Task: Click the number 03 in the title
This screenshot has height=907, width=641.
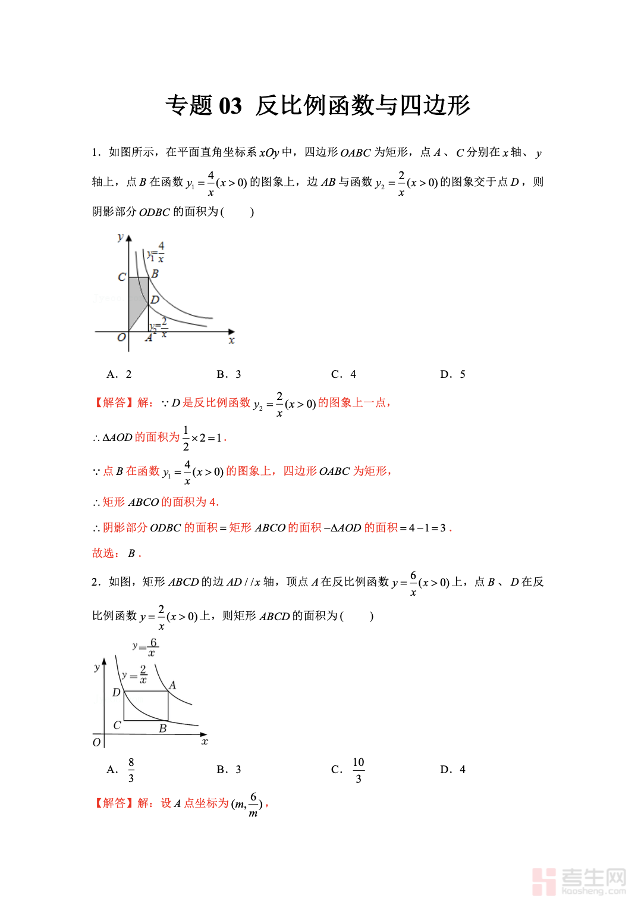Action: pyautogui.click(x=230, y=106)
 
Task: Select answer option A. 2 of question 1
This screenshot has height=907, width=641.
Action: pyautogui.click(x=119, y=374)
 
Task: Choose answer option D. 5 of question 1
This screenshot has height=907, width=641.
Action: pyautogui.click(x=453, y=374)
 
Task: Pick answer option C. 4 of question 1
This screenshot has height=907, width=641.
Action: pyautogui.click(x=343, y=374)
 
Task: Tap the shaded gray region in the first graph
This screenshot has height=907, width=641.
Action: pyautogui.click(x=137, y=301)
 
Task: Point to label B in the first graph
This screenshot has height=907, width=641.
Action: pyautogui.click(x=155, y=274)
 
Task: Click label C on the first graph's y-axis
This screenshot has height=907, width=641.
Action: pyautogui.click(x=121, y=277)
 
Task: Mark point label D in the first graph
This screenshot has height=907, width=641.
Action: pyautogui.click(x=155, y=299)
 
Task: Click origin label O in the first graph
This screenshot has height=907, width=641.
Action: pyautogui.click(x=121, y=337)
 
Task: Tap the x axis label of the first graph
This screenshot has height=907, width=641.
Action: pyautogui.click(x=231, y=340)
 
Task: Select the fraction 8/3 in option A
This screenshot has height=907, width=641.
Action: pyautogui.click(x=131, y=770)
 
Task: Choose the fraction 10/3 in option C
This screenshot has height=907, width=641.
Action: pyautogui.click(x=358, y=770)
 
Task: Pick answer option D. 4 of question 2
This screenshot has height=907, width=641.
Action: pyautogui.click(x=453, y=770)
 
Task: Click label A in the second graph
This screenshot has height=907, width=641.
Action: pyautogui.click(x=172, y=685)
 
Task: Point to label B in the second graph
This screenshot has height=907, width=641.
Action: pyautogui.click(x=162, y=728)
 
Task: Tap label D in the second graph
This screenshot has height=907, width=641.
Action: pyautogui.click(x=116, y=692)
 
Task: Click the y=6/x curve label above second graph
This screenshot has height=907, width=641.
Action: pyautogui.click(x=146, y=647)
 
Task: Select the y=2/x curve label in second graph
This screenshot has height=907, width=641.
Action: pyautogui.click(x=135, y=675)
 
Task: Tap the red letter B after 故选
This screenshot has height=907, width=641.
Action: pyautogui.click(x=131, y=553)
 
